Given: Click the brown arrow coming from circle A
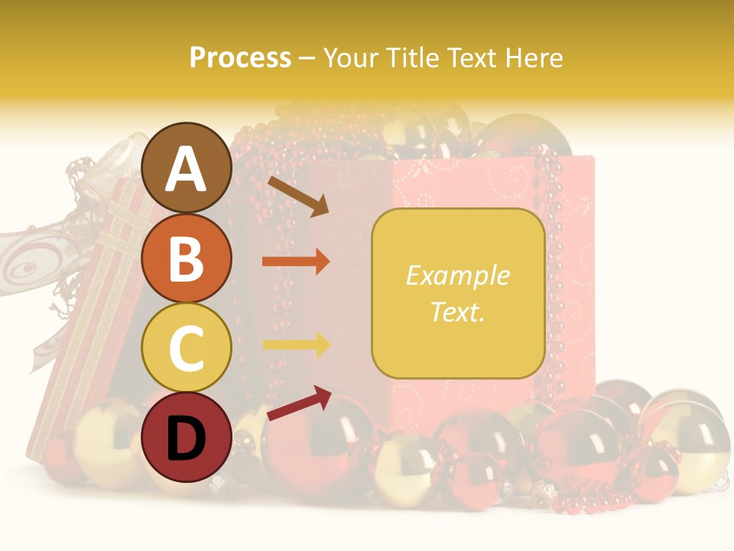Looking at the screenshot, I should pyautogui.click(x=298, y=196).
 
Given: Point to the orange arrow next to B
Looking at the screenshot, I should pyautogui.click(x=296, y=261).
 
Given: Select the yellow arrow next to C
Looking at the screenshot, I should pyautogui.click(x=296, y=344).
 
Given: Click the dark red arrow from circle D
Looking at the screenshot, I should pyautogui.click(x=298, y=403).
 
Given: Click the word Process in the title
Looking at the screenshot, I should pyautogui.click(x=240, y=57).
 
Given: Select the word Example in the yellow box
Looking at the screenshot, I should pyautogui.click(x=457, y=275).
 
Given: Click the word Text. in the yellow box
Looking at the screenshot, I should pyautogui.click(x=457, y=311).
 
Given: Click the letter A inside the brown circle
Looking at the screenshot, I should pyautogui.click(x=186, y=170).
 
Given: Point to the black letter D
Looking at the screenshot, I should pyautogui.click(x=186, y=439).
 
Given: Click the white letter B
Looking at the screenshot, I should pyautogui.click(x=186, y=258).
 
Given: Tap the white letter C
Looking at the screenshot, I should pyautogui.click(x=186, y=348).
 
